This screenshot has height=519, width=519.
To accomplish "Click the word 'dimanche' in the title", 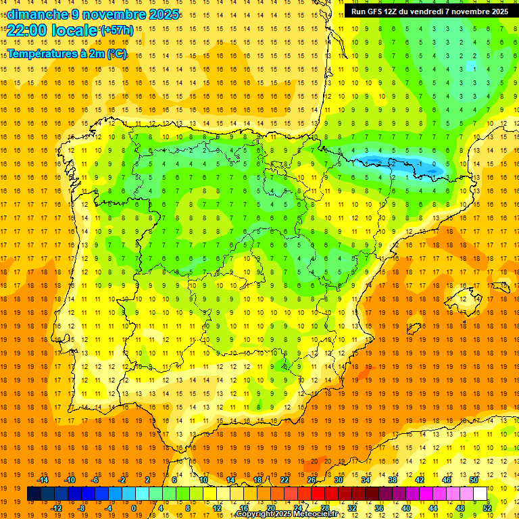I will [37, 14].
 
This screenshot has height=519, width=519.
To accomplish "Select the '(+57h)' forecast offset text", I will [116, 30].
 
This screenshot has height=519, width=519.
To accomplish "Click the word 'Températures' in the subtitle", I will [42, 54].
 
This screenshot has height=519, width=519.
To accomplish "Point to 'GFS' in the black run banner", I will [378, 11].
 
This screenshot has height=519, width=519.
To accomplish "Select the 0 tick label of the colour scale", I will [134, 508].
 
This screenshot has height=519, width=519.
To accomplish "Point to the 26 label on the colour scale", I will [312, 480].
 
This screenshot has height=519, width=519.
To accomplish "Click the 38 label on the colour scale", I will [393, 480].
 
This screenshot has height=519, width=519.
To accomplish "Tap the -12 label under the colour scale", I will [56, 508].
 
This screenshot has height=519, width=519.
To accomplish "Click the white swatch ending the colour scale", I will [480, 494].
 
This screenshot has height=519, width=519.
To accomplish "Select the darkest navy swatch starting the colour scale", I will [34, 494].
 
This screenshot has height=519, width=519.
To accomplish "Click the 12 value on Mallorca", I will [464, 299].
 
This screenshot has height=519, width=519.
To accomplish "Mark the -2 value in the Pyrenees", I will [394, 164].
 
